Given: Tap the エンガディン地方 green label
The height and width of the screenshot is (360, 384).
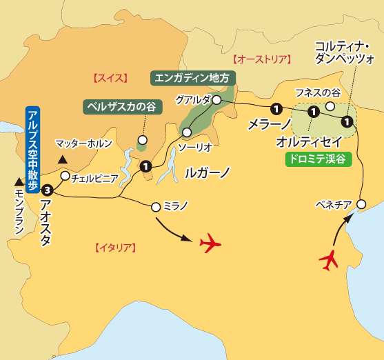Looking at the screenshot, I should pyautogui.click(x=193, y=78).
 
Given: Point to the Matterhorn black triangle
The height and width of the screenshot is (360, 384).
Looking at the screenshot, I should pyautogui.click(x=62, y=159).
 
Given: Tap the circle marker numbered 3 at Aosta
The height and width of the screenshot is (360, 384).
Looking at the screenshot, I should pyautogui.click(x=46, y=190).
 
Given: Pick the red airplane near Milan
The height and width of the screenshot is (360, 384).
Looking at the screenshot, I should pyautogui.click(x=212, y=243).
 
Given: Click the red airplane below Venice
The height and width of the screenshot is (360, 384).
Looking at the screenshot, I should pyautogui.click(x=330, y=261).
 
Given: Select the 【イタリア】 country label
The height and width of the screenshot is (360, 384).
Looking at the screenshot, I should pyautogui.click(x=115, y=246).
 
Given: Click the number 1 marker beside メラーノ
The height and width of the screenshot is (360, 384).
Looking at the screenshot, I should pyautogui.click(x=276, y=108).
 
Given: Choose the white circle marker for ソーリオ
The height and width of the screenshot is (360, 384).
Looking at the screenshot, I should pyautogui.click(x=186, y=132).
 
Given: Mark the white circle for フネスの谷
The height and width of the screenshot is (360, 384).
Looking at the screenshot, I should pyautogui.click(x=330, y=106).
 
